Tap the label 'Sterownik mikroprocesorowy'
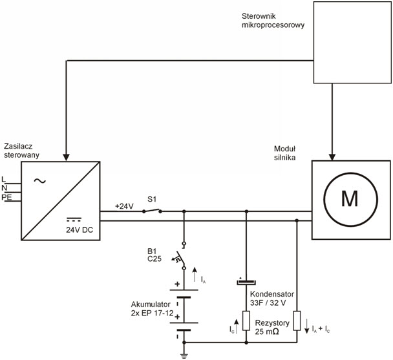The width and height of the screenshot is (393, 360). click(268, 19)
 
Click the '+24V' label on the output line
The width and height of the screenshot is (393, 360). click(124, 206)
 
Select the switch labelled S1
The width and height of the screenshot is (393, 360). click(152, 211)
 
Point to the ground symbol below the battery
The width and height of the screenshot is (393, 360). click(184, 354)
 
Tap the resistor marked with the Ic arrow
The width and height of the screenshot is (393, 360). click(246, 321)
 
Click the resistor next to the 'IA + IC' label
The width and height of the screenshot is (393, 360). click(296, 321)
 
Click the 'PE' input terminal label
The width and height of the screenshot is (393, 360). click(6, 197)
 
